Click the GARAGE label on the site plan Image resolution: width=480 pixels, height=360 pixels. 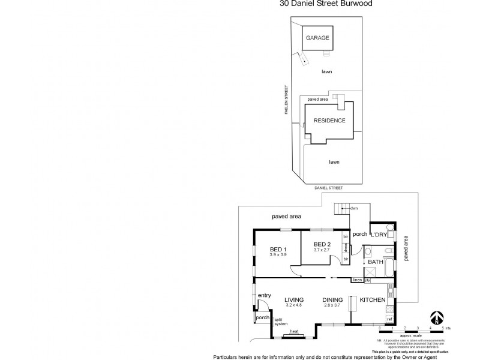[x=318, y=38]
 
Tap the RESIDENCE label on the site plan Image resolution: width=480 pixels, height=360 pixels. [x=329, y=120]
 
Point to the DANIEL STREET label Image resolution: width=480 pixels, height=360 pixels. [x=328, y=188]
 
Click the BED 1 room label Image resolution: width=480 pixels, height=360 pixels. [x=278, y=249]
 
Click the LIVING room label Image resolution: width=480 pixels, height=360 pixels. [x=293, y=300]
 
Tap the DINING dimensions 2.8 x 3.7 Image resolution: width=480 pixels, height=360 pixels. [x=332, y=305]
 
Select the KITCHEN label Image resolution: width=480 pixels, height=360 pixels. [x=372, y=300]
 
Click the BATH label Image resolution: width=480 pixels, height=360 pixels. [x=376, y=262]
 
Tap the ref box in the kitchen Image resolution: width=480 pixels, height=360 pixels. [x=389, y=319]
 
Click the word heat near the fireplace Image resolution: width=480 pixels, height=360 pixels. [x=294, y=331]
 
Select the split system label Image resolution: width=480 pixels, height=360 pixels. [x=281, y=322]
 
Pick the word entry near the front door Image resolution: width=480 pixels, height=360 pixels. [x=265, y=295]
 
